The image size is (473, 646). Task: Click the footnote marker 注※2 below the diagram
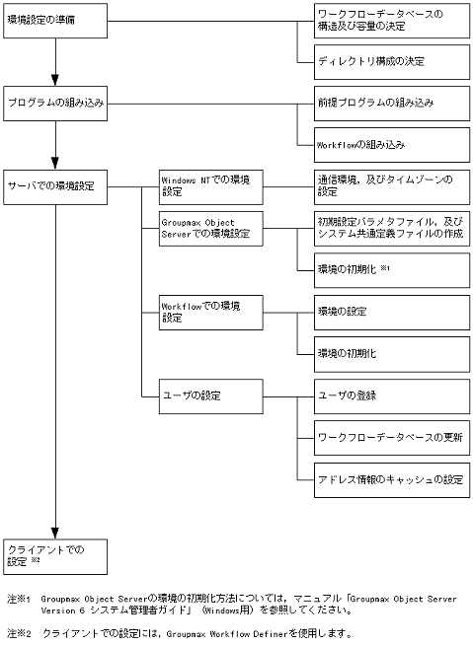pos(19,632)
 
